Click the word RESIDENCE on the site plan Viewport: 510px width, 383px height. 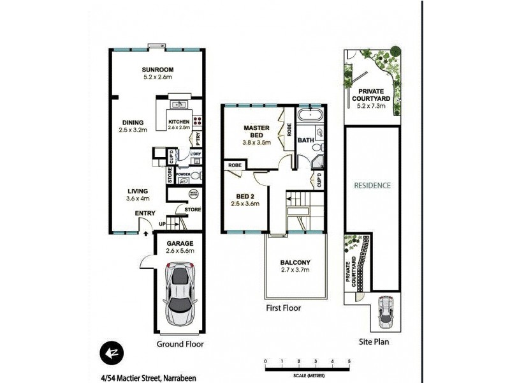[373, 186]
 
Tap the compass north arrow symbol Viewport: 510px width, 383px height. [110, 352]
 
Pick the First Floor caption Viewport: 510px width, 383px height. [283, 308]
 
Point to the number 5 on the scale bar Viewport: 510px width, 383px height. [349, 361]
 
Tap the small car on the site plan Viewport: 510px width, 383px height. [386, 311]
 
